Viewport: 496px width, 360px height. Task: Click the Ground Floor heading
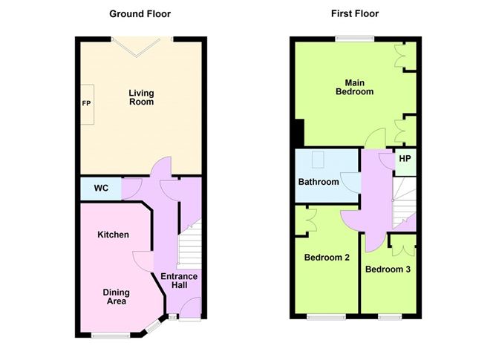coord(140,13)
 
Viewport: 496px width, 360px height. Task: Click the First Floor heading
coord(356,13)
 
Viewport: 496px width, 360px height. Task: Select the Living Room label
coord(141,97)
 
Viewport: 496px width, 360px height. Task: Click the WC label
coord(101,189)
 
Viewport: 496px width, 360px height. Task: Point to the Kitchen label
coord(113,235)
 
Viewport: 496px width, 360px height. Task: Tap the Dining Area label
coord(115,297)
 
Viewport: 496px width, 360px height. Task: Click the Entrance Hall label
coord(179,281)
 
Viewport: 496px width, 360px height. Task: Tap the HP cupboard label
coord(405,159)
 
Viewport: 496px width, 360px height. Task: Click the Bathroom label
coord(319,182)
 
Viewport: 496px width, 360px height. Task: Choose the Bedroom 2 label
coord(327,258)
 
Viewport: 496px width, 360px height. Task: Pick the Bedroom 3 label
coord(388,269)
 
